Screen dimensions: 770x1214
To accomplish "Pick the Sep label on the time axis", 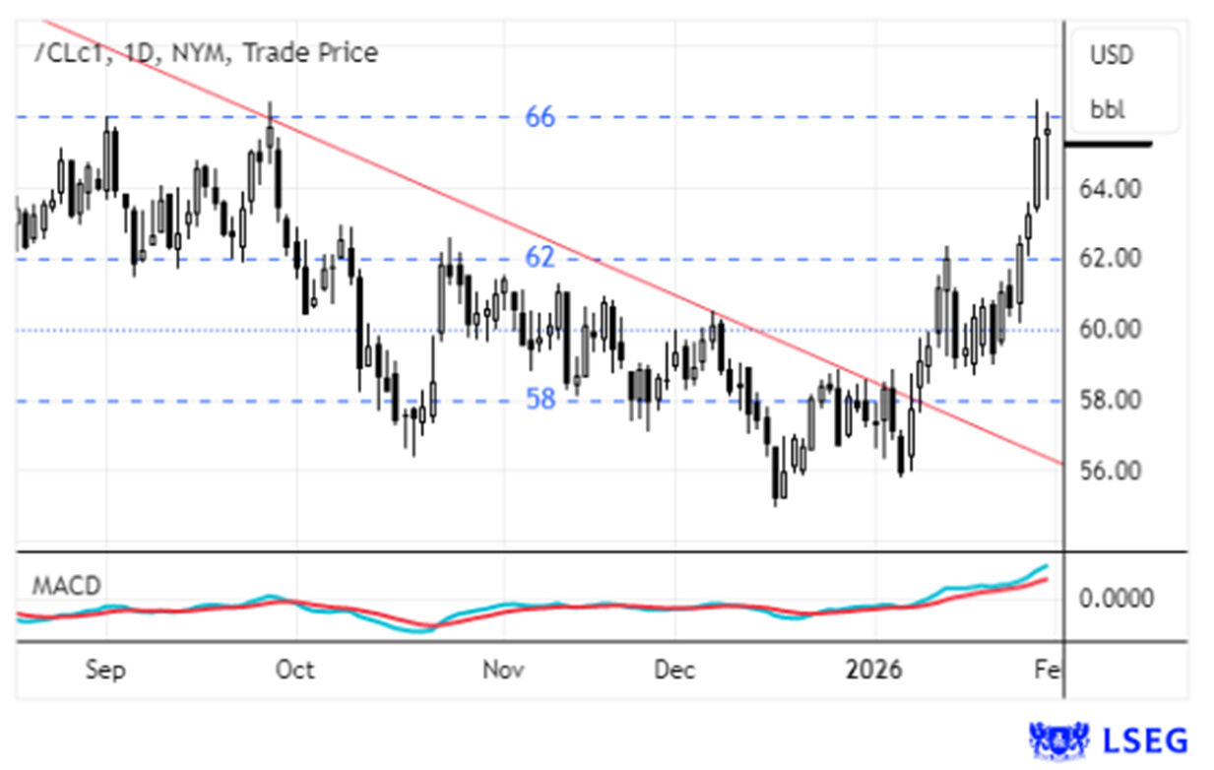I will (104, 671).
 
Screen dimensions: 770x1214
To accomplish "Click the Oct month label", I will (294, 671).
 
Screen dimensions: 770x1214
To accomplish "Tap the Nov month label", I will (502, 671).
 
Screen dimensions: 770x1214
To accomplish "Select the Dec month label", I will (675, 671).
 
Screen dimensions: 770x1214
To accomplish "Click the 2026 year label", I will (874, 671).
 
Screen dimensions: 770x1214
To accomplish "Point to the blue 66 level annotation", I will (540, 117).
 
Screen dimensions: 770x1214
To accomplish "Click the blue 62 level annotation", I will (540, 258).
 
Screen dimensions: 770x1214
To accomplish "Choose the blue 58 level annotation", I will (540, 399).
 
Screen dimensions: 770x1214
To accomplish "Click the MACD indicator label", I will (66, 586).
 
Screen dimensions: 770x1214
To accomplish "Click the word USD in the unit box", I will (1112, 55).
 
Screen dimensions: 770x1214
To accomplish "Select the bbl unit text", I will (1107, 108).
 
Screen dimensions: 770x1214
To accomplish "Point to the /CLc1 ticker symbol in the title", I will (67, 53).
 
